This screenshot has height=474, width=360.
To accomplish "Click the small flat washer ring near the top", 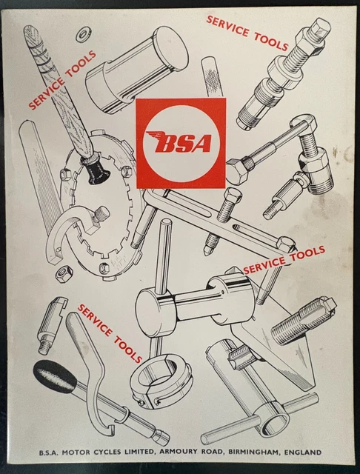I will click(81, 34).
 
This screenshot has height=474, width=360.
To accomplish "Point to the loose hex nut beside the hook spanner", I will click(63, 274).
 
